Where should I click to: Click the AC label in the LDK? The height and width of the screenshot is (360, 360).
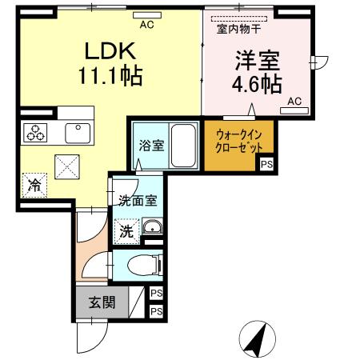[x=146, y=26]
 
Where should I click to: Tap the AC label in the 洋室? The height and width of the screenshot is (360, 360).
[x=294, y=101]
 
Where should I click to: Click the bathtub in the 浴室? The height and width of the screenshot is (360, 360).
[x=184, y=145]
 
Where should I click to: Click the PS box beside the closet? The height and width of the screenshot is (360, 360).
[x=265, y=165]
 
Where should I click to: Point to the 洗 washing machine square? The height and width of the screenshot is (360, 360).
[x=126, y=231]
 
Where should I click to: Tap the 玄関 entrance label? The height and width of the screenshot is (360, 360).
[x=101, y=303]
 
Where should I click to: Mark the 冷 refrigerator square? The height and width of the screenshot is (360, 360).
[x=34, y=184]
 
